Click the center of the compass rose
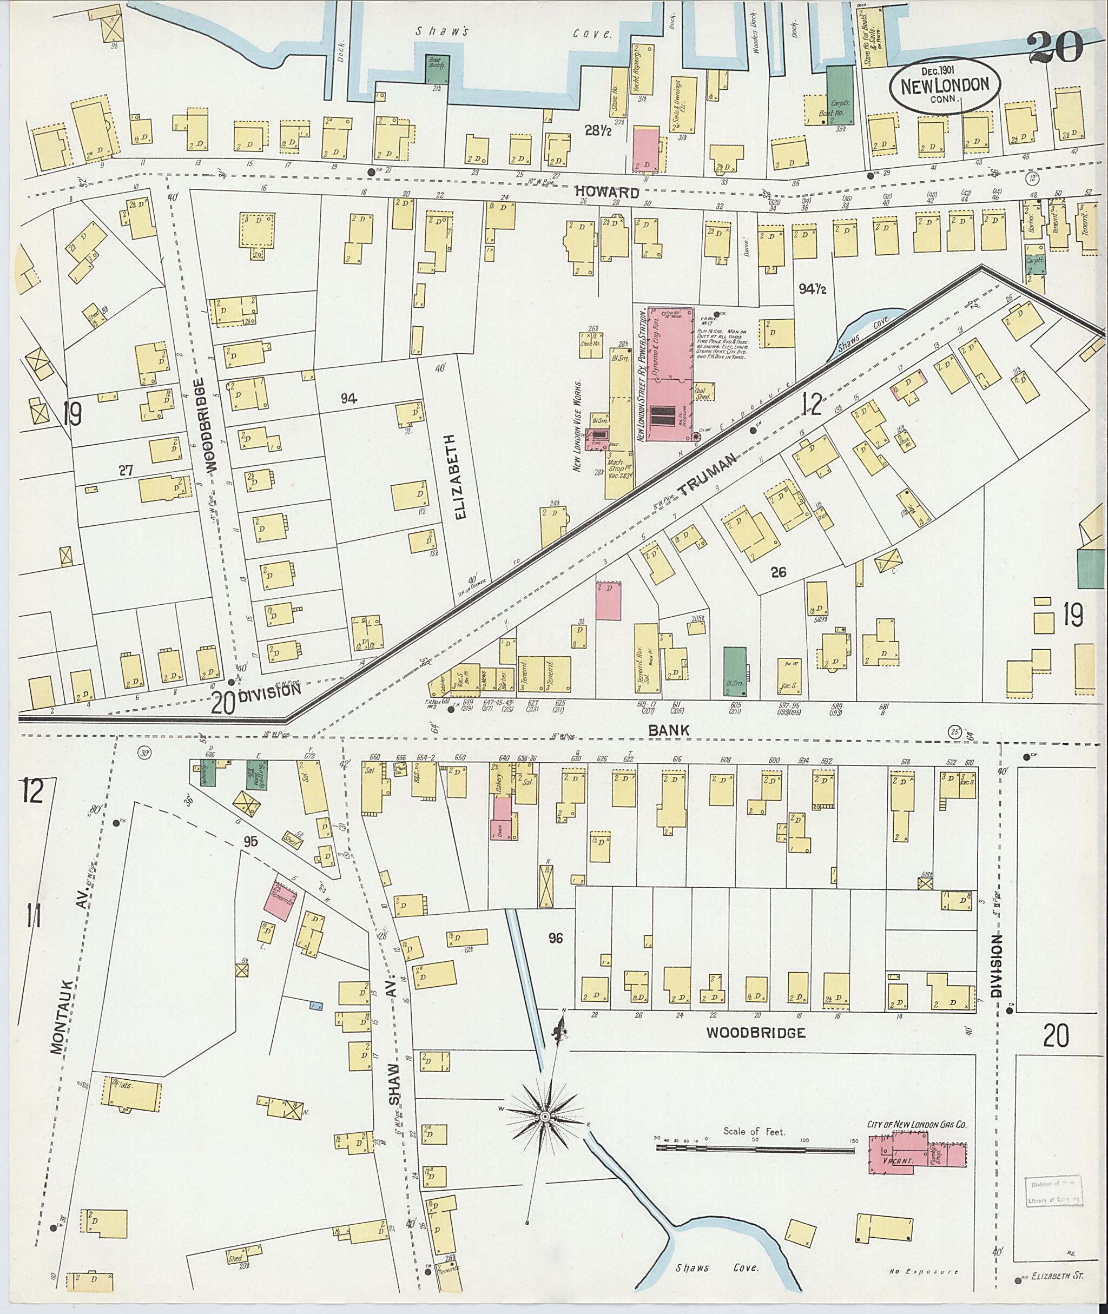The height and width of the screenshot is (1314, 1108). click(x=545, y=1115)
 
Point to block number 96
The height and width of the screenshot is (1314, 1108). click(x=555, y=939)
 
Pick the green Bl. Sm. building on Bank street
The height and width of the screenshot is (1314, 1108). click(x=734, y=671)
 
